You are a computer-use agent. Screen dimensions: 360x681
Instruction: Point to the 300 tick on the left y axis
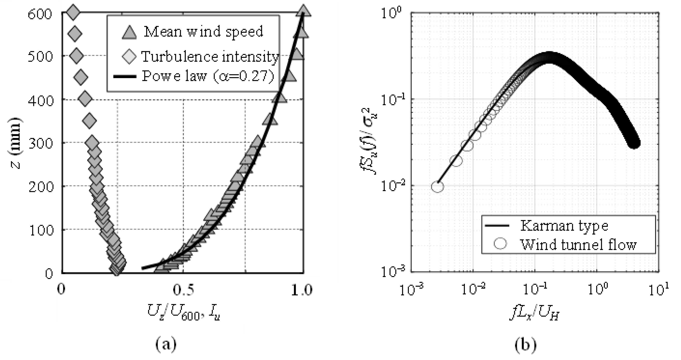pos(40,144)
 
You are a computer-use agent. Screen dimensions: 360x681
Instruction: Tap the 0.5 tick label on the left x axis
pos(183,290)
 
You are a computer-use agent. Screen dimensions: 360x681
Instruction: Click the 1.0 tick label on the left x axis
pos(302,290)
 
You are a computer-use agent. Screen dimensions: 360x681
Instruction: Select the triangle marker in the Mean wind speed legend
pos(129,33)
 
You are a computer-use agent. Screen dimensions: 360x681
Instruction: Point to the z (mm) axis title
pos(16,143)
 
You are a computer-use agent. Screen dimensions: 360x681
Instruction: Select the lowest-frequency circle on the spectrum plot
pos(437,187)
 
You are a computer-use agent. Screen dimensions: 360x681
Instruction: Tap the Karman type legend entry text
pos(564,226)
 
